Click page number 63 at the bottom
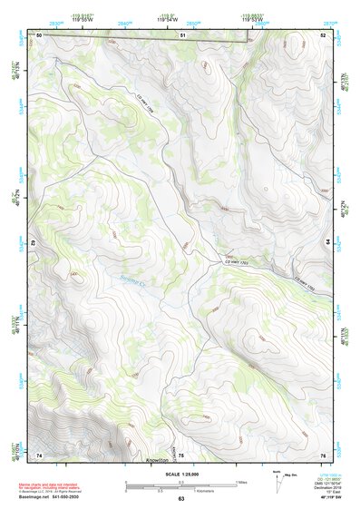click(x=180, y=499)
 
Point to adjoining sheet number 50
click(x=39, y=34)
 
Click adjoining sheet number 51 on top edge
click(x=182, y=34)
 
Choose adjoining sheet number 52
click(x=323, y=34)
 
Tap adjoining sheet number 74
click(x=39, y=455)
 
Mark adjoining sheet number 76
click(x=323, y=455)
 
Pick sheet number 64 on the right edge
click(x=329, y=244)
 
